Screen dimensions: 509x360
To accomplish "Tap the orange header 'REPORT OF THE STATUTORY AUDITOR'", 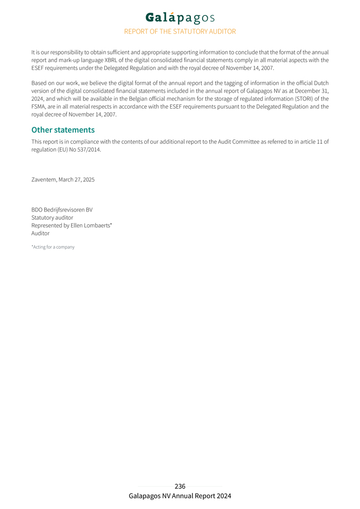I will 180,31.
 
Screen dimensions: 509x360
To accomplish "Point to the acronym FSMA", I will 39,107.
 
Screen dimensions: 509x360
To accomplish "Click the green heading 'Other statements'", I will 63,130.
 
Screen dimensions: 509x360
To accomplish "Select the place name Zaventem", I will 44,180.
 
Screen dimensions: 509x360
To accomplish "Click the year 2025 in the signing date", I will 87,180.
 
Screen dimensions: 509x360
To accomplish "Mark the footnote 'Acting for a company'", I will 54,247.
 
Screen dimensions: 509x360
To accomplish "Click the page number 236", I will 180,486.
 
